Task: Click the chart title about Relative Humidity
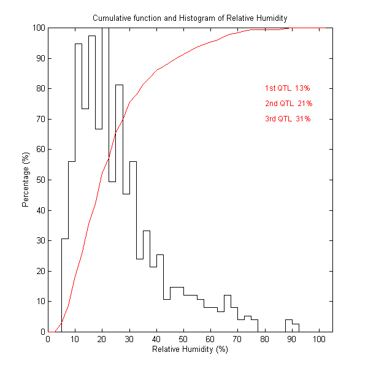(190, 18)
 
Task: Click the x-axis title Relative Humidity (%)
(190, 349)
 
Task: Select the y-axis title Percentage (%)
(26, 180)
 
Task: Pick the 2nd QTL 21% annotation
(288, 104)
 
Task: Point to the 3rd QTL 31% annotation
(288, 119)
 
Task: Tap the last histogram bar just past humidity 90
(295, 328)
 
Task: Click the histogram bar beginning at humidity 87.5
(288, 326)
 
